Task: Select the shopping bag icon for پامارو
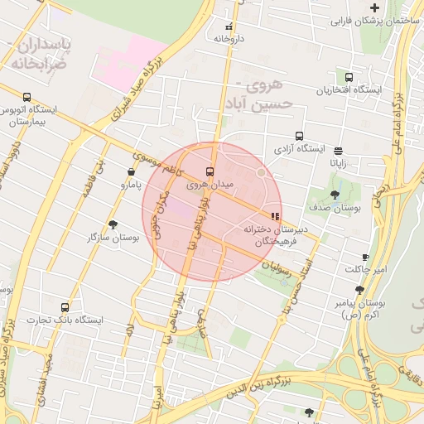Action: (131, 171)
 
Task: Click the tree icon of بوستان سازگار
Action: (113, 224)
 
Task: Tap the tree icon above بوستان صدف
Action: (335, 195)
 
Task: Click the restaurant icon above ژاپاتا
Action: (339, 151)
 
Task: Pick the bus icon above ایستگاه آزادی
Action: (299, 136)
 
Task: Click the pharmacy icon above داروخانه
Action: (229, 24)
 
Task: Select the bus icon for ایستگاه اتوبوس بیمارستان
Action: (27, 97)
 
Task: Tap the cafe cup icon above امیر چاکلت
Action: (365, 258)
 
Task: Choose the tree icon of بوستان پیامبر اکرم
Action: (359, 290)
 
